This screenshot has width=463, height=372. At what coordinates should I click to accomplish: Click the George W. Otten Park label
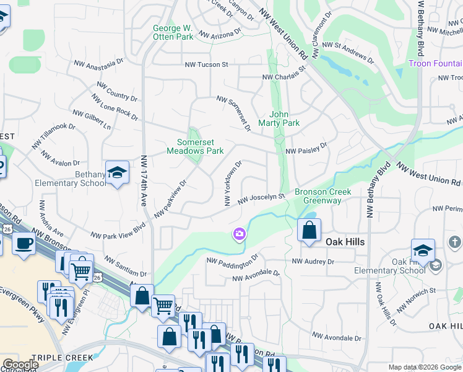click(173, 32)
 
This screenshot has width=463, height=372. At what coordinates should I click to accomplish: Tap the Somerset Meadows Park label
click(195, 146)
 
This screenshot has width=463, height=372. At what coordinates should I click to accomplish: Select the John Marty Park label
click(284, 118)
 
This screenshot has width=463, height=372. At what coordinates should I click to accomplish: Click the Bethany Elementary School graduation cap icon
click(116, 173)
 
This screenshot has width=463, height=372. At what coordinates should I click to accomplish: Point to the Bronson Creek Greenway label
click(322, 196)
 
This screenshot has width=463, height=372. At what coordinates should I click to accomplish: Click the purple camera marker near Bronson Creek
click(239, 234)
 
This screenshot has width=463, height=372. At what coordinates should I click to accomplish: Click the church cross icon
click(455, 242)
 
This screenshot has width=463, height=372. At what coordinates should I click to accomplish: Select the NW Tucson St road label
click(206, 64)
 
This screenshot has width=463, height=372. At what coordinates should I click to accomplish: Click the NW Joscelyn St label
click(254, 199)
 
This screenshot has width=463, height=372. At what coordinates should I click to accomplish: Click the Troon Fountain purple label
click(435, 64)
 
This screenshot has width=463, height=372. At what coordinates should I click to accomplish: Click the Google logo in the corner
click(20, 365)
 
